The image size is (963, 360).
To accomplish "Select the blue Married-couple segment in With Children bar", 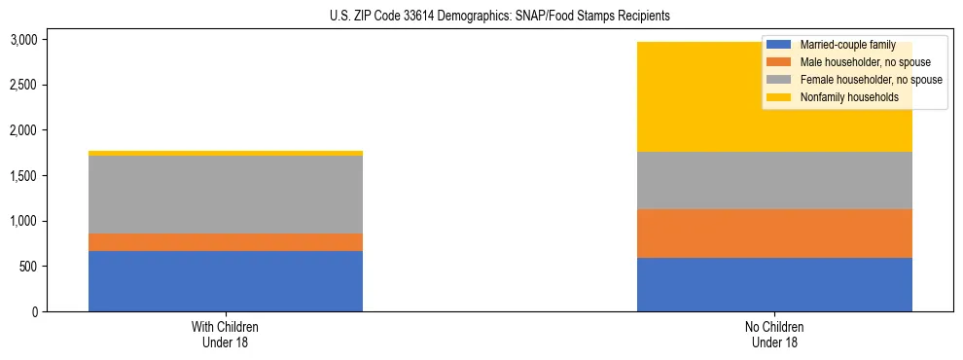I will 226,281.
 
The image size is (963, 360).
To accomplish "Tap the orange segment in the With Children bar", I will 226,242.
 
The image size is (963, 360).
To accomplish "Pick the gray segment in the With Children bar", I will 226,195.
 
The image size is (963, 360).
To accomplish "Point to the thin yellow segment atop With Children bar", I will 226,153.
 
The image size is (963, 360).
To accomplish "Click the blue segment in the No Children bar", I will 774,284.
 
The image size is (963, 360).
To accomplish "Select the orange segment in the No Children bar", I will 774,234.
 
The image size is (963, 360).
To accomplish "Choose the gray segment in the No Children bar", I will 774,181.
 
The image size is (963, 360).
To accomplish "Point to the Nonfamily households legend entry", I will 842,97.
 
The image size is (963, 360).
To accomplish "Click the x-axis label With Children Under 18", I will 226,334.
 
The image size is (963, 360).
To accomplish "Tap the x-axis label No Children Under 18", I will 774,334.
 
